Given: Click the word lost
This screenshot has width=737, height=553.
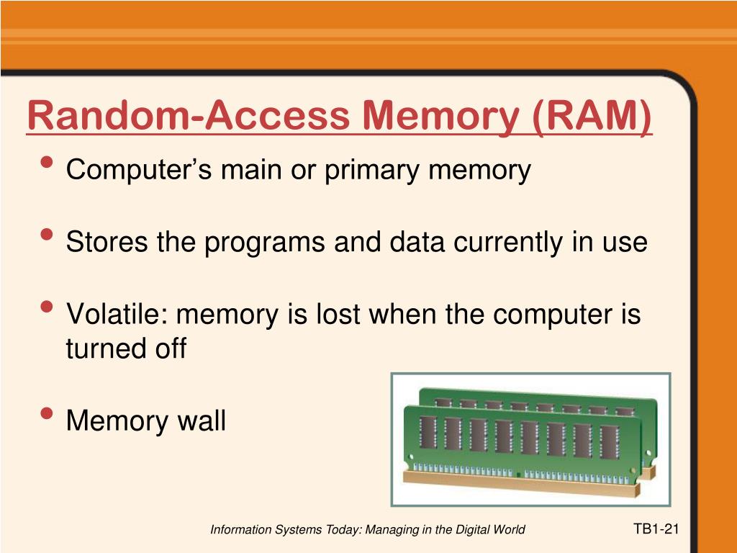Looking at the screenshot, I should coord(343,315).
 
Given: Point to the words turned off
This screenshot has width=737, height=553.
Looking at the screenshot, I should coord(126,349).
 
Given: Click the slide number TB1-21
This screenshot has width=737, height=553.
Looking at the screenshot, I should coord(656,529).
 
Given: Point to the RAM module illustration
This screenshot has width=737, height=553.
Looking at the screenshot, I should coord(530,439).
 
